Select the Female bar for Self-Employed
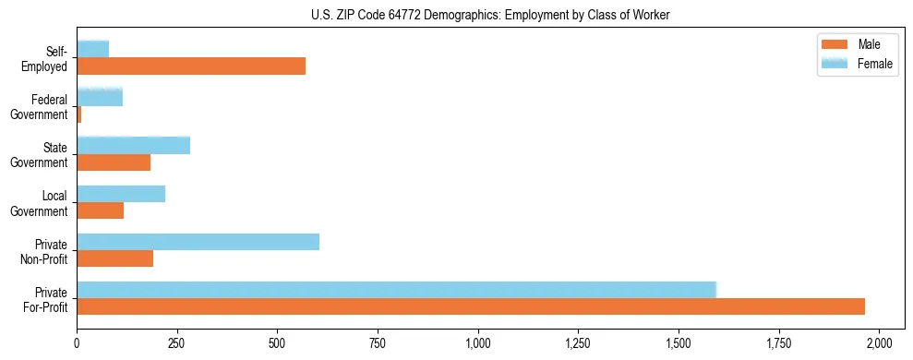[93, 49]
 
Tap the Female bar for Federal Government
[100, 97]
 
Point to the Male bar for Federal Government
[79, 114]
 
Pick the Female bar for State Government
[134, 145]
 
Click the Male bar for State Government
[114, 162]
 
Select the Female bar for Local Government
[121, 194]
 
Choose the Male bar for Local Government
[101, 210]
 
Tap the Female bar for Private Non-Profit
[198, 242]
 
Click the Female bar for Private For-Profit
[397, 290]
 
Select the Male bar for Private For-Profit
[471, 306]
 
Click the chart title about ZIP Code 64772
[490, 14]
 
